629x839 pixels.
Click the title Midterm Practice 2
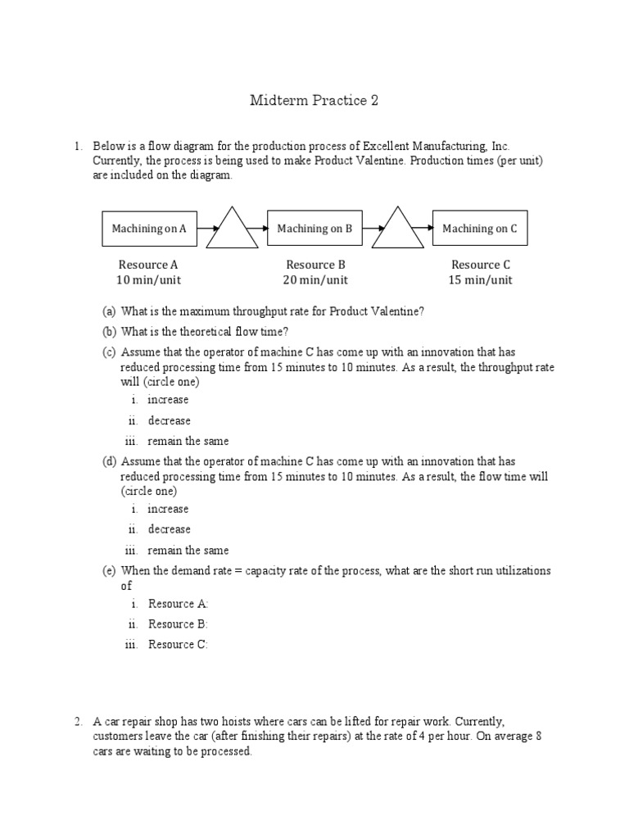click(x=314, y=101)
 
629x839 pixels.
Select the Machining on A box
click(x=149, y=229)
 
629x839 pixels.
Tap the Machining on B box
click(x=314, y=229)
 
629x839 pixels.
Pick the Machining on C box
click(x=480, y=229)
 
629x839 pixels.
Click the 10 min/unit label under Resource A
click(x=148, y=280)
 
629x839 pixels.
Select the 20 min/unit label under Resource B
click(x=315, y=280)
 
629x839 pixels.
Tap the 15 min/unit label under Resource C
click(x=481, y=280)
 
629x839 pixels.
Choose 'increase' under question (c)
click(x=168, y=400)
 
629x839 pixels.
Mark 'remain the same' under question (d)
click(x=188, y=551)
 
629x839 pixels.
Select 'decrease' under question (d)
click(x=169, y=529)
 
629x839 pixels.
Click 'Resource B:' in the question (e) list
click(x=178, y=624)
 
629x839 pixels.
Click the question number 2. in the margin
click(x=79, y=722)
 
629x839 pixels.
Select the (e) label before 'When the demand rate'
click(x=109, y=570)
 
